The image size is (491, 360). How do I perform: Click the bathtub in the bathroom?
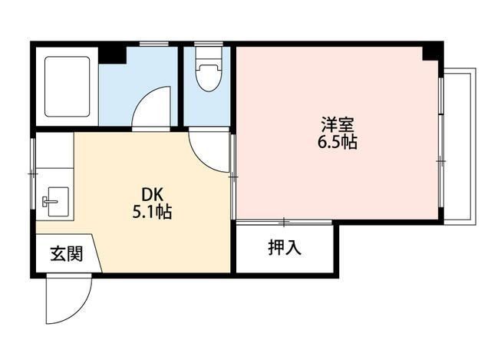point(67,87)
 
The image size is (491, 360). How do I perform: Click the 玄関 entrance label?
point(67,253)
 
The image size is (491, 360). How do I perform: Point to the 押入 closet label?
point(285,247)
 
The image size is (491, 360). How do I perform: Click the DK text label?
point(153,195)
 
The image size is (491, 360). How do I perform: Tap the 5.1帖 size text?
point(152,212)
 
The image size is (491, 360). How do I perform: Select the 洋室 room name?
point(338,124)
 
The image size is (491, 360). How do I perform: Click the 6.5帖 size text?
point(338,142)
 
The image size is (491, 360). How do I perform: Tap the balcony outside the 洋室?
point(458,147)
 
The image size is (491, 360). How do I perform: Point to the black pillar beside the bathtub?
point(113,55)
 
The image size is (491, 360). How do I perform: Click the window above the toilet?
point(209,44)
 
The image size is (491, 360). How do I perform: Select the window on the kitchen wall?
point(33,173)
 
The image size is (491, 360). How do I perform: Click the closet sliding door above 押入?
point(284,222)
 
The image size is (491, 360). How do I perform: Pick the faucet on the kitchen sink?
point(48,201)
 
